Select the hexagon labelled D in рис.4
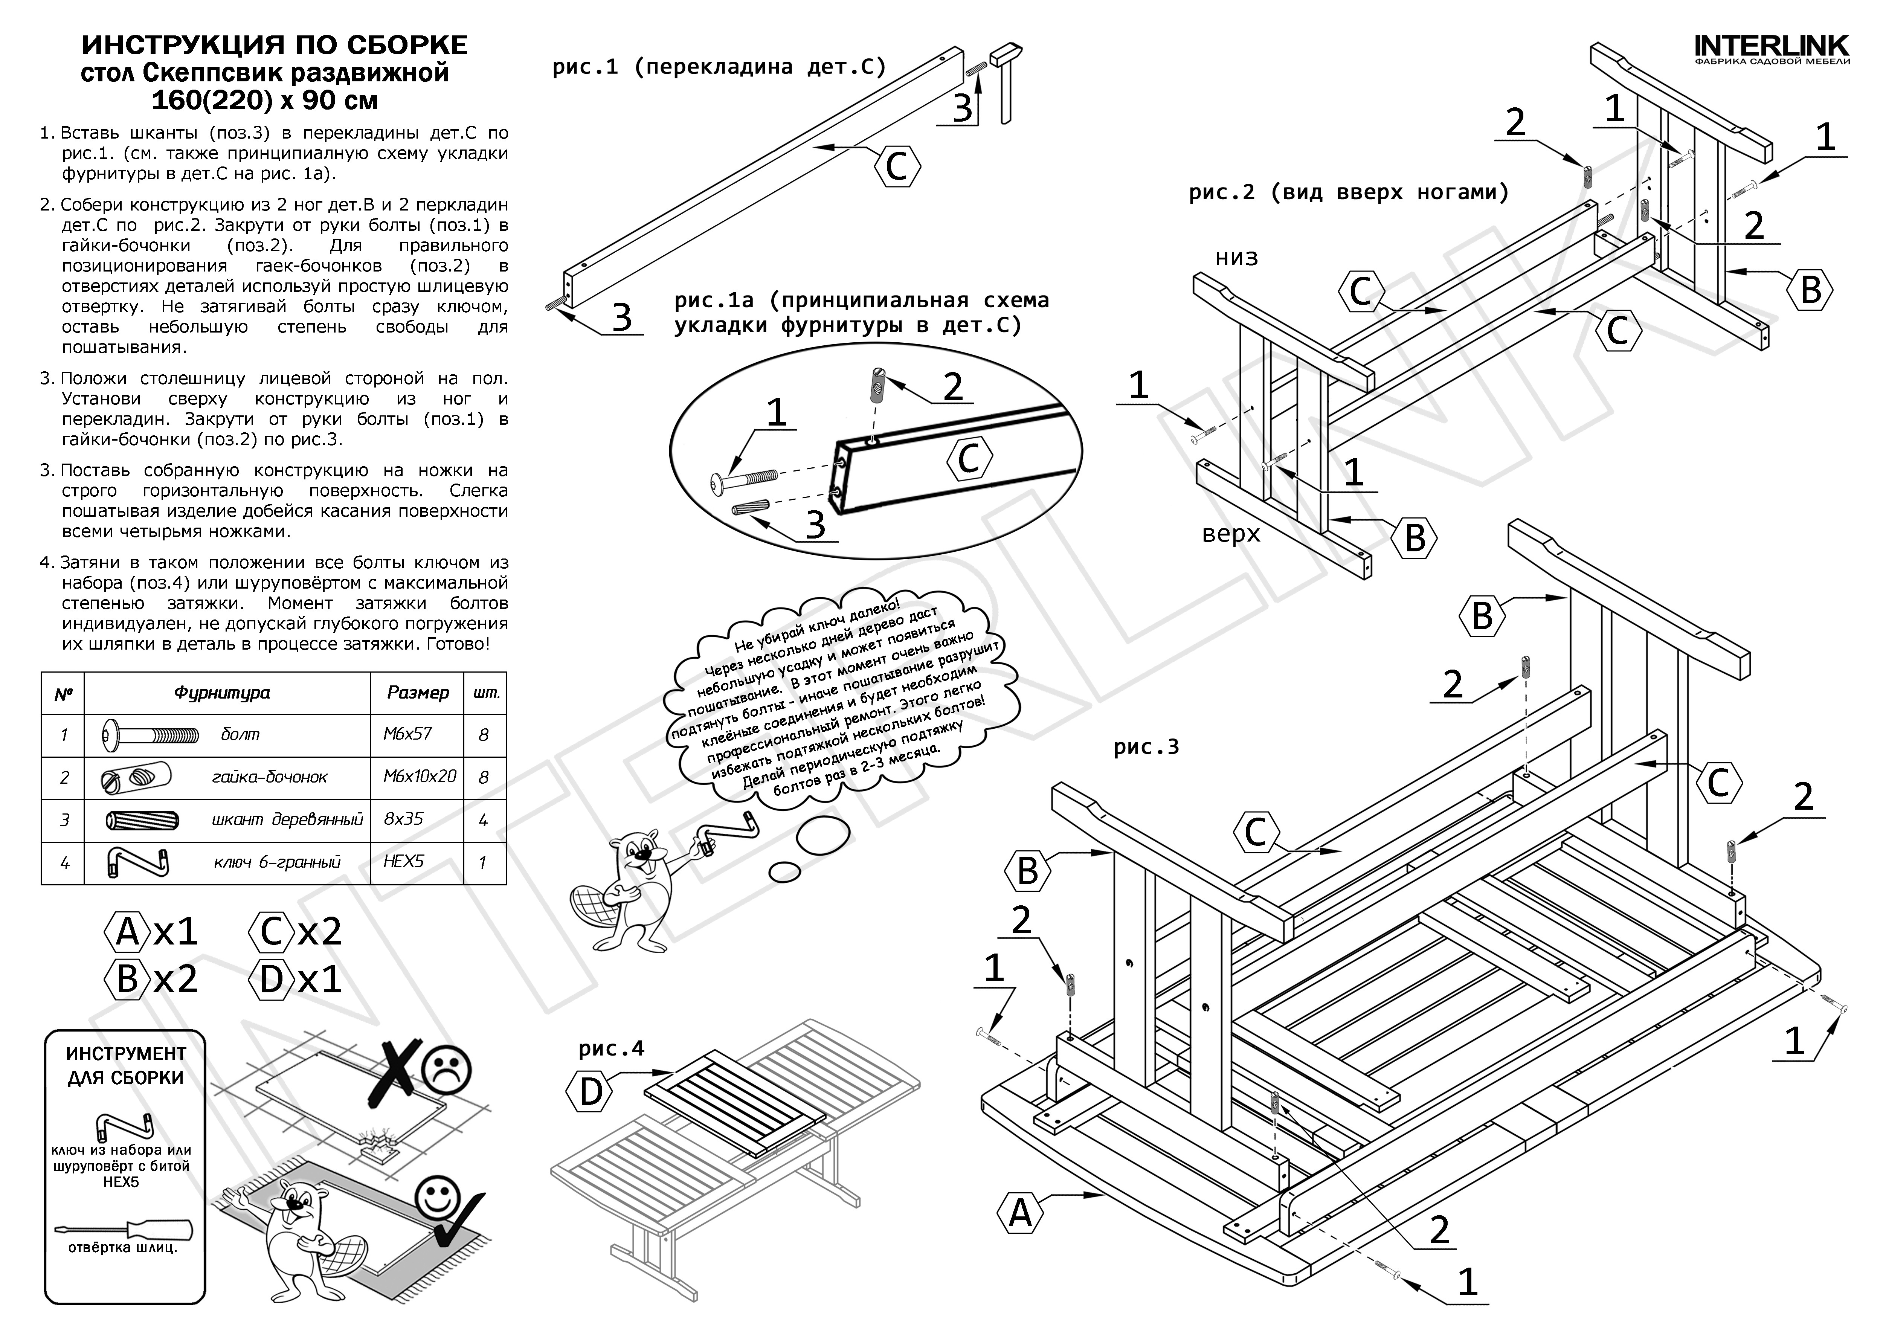pyautogui.click(x=591, y=1092)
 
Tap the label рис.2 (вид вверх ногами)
pyautogui.click(x=1348, y=193)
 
